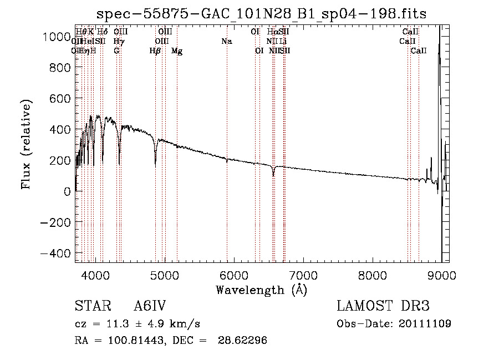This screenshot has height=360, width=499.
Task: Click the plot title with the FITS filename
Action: coord(261,14)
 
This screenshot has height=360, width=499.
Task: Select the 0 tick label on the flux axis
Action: coord(66,191)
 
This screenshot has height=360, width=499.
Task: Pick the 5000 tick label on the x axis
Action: coord(165,275)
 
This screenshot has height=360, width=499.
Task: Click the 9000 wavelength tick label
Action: coord(442,275)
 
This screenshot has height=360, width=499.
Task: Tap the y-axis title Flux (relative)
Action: coord(27,144)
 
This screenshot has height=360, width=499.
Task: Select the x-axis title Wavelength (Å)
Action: coord(261,290)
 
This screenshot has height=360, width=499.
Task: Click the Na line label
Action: coord(226,42)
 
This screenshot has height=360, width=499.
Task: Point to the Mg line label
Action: coord(177,51)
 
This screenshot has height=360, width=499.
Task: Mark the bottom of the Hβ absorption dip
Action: coord(155,166)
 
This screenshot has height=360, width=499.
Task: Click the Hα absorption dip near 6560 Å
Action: coord(273,175)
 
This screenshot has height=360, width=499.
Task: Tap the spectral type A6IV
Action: coord(150,306)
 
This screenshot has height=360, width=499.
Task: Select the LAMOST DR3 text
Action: coord(383,306)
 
